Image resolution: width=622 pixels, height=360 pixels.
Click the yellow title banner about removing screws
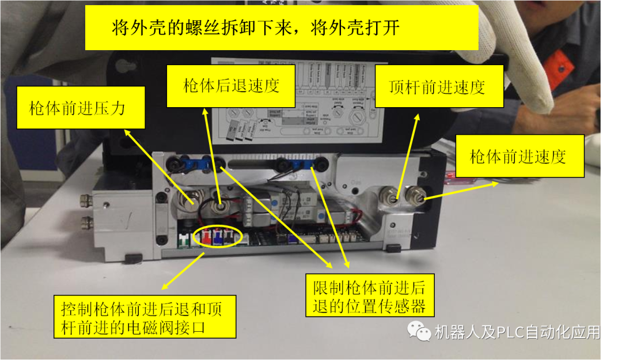(x=282, y=28)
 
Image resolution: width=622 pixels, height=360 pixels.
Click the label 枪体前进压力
(x=80, y=108)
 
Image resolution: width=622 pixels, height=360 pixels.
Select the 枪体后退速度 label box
(x=230, y=86)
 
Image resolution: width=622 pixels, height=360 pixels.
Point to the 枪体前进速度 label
(x=519, y=156)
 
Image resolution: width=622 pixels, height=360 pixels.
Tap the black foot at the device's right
(x=393, y=248)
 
